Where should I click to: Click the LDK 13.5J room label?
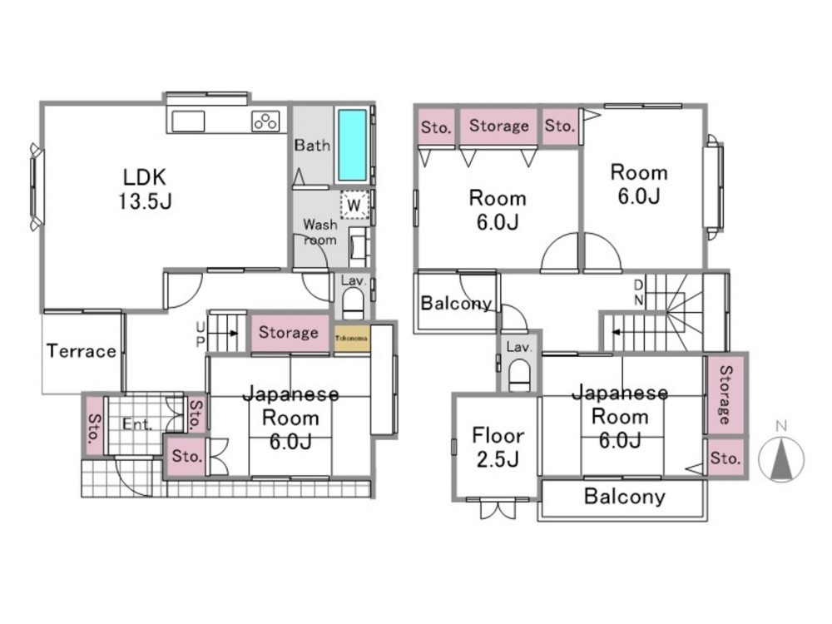click(x=145, y=188)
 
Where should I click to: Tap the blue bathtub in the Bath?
click(x=352, y=145)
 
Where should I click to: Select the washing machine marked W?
click(x=354, y=205)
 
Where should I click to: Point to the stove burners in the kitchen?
click(x=265, y=121)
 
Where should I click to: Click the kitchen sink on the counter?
click(x=188, y=121)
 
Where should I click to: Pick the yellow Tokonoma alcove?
click(x=351, y=339)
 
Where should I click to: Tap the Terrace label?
click(x=82, y=351)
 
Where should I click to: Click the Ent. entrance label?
click(x=137, y=424)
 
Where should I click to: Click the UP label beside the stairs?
click(x=200, y=334)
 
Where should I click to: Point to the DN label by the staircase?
click(x=638, y=293)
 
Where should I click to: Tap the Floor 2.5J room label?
click(x=498, y=447)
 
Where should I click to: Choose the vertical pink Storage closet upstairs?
click(x=725, y=394)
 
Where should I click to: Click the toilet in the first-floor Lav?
click(x=353, y=305)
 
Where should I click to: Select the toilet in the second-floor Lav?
click(x=519, y=376)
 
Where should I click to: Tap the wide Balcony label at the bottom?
click(x=625, y=497)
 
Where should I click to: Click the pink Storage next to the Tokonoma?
click(x=290, y=333)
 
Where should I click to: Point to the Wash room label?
click(x=320, y=232)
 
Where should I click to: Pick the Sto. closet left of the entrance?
click(x=95, y=425)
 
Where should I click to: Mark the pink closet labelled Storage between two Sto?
click(x=498, y=126)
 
